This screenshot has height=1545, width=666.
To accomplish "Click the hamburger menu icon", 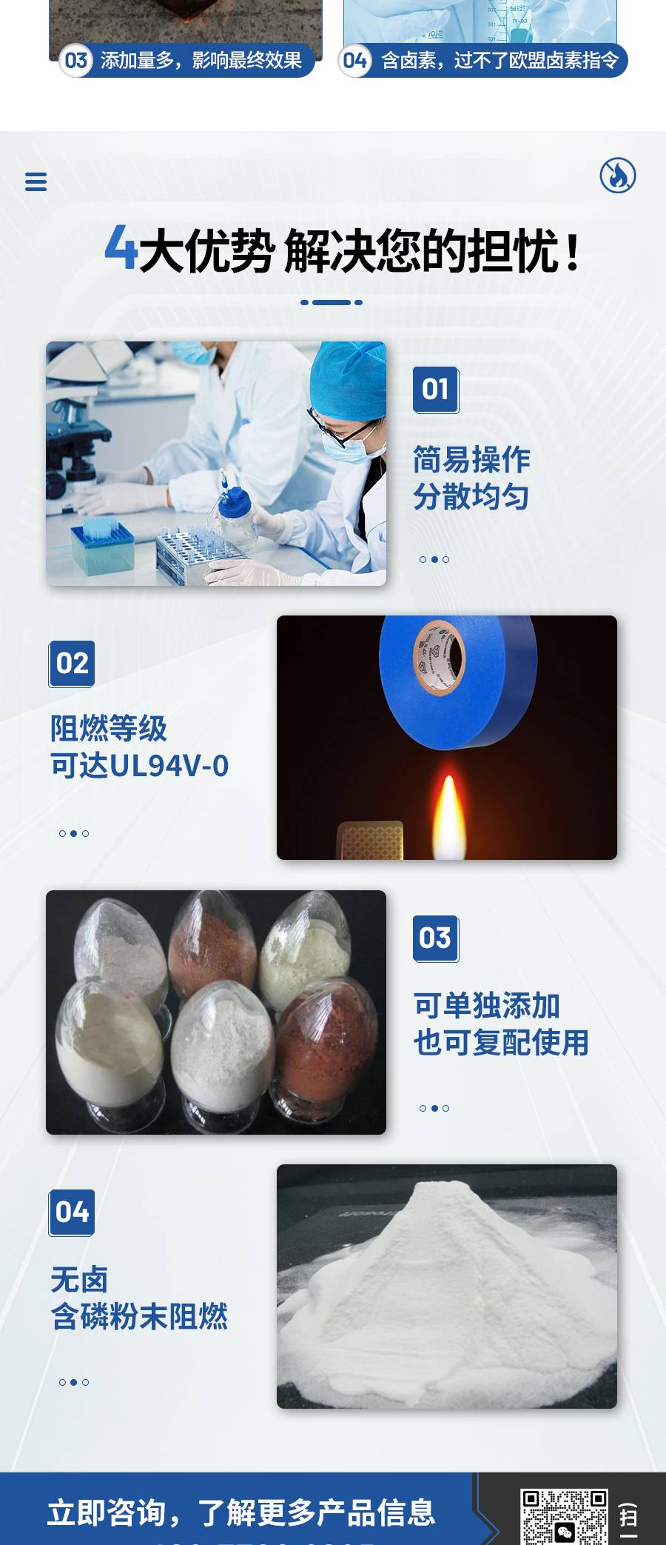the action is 36,181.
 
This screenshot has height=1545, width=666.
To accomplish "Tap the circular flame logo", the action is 617,176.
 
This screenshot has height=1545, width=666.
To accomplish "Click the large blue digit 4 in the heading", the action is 121,248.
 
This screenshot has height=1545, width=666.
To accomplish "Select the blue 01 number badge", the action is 436,390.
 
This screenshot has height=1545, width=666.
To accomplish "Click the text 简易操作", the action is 471,459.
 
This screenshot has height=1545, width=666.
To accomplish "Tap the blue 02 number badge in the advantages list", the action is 72,664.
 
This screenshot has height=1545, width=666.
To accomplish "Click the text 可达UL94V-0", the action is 140,766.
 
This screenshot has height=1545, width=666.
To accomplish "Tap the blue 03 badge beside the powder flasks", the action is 436,938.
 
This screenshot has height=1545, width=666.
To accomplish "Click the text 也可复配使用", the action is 501,1043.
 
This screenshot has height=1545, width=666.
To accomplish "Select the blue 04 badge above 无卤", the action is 72,1212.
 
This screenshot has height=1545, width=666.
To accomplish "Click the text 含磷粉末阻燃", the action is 139,1317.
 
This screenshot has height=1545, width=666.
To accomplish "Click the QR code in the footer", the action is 564,1517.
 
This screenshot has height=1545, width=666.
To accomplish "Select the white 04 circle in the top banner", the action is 355,61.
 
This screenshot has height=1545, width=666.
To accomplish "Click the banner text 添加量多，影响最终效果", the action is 201,61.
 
